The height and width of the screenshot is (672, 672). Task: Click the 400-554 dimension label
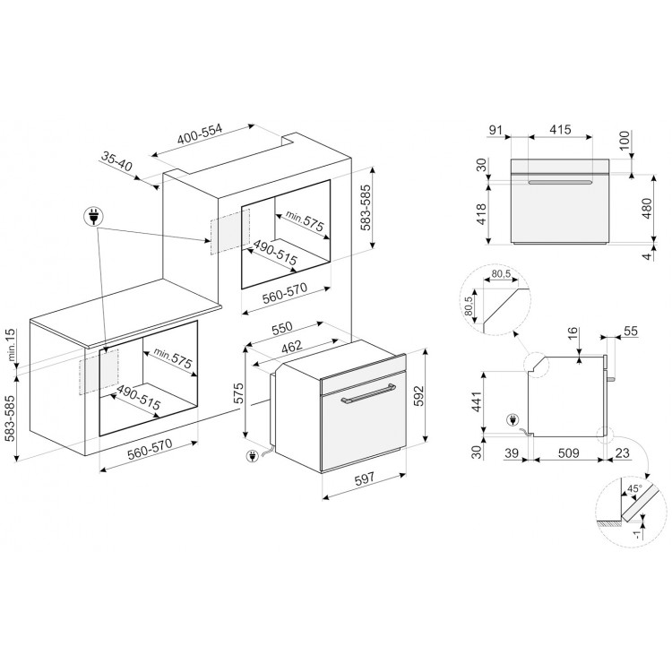200,134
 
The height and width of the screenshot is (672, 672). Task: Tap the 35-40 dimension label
117,161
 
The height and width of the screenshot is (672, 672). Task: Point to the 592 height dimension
418,395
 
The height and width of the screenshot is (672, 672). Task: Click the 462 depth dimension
291,346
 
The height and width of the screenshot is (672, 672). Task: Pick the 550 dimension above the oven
282,327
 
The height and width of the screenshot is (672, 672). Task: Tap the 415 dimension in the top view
560,129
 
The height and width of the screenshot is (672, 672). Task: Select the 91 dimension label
495,129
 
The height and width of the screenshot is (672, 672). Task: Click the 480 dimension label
647,208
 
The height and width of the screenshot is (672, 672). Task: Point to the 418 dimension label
481,214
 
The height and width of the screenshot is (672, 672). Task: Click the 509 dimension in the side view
569,453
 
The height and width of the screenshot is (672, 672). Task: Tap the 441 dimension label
477,402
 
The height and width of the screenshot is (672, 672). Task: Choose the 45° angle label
634,488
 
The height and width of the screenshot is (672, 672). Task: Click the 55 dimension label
631,331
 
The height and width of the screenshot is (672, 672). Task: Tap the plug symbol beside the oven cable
252,456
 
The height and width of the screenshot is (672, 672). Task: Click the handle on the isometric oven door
367,393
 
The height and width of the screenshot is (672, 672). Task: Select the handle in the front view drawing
560,183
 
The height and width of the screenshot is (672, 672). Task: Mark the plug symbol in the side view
512,420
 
